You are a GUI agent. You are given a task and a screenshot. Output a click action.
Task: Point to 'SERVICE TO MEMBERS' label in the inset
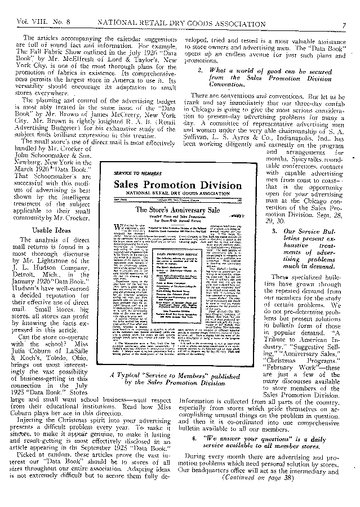135,170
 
